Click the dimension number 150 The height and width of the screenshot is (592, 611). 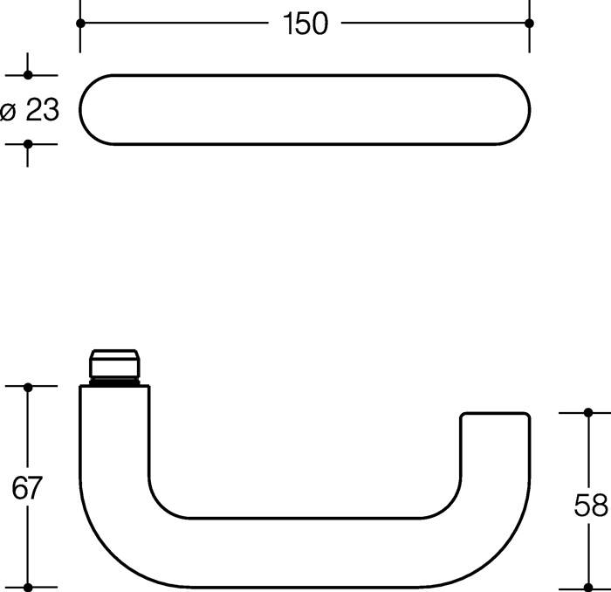[x=305, y=24]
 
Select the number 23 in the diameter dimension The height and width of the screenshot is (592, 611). [x=41, y=110]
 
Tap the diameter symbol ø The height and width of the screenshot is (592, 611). [x=9, y=111]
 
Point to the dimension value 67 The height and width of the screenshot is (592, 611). [x=27, y=488]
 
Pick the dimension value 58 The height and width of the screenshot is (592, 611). [x=591, y=504]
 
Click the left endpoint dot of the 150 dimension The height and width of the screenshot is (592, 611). [x=80, y=24]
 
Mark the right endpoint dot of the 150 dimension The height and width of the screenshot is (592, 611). [x=529, y=24]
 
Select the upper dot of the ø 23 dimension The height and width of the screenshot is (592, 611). [x=28, y=77]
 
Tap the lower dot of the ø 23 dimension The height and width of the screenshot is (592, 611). [x=28, y=143]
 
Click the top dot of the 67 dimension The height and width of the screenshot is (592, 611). [x=28, y=386]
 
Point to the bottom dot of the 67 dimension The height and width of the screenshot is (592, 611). [x=28, y=587]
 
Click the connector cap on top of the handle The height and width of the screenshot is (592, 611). [x=114, y=362]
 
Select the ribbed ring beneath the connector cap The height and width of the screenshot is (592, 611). [x=114, y=382]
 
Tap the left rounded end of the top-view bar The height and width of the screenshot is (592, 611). [x=92, y=110]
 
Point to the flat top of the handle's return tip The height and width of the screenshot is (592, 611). [x=494, y=413]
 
